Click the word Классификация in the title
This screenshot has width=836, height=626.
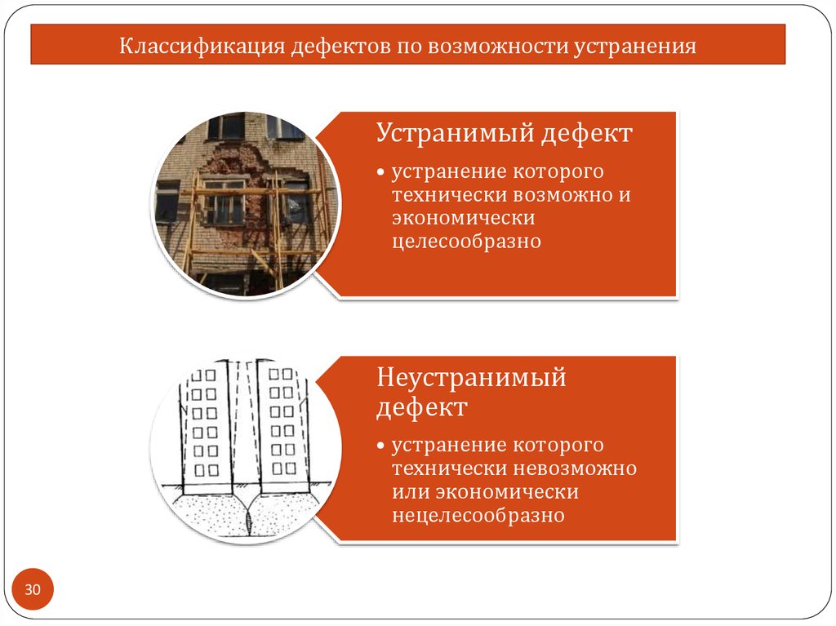(x=202, y=47)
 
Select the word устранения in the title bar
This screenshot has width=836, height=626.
(x=634, y=47)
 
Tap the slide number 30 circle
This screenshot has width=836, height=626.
(x=33, y=589)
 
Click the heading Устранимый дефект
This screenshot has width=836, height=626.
(x=504, y=133)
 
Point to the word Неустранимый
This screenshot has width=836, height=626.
(x=471, y=377)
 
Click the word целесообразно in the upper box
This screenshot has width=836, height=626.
(x=466, y=242)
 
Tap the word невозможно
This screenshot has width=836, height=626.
(x=576, y=468)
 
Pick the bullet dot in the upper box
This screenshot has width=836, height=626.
(x=380, y=172)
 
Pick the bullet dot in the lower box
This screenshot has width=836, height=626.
(x=380, y=446)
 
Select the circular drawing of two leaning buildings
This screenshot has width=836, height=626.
(x=246, y=451)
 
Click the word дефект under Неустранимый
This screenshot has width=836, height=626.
(x=422, y=408)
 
